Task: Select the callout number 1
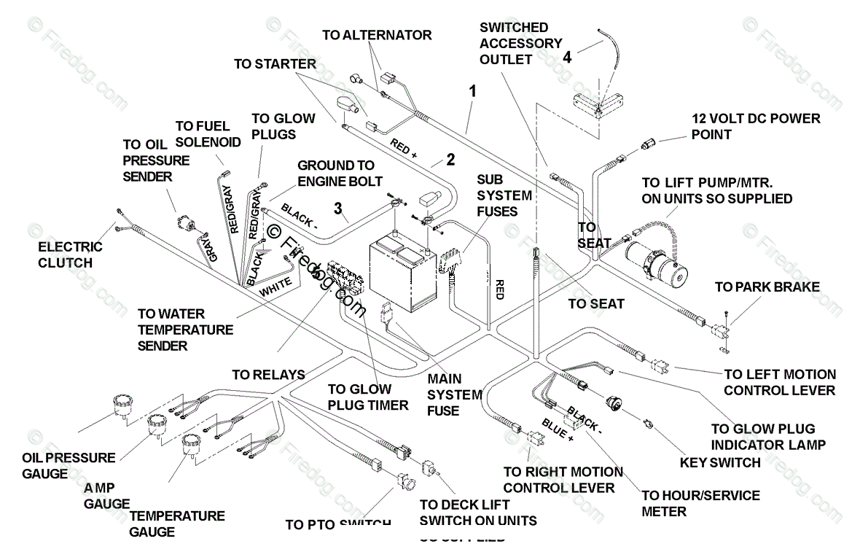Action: (x=473, y=92)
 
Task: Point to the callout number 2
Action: (x=450, y=160)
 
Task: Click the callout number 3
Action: (x=337, y=209)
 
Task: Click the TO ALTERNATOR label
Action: (x=377, y=35)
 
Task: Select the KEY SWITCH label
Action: (x=720, y=462)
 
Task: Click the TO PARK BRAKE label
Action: (x=767, y=287)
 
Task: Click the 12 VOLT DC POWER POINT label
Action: (x=756, y=126)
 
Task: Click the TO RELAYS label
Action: (x=268, y=375)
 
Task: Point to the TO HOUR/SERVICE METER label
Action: (x=700, y=503)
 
